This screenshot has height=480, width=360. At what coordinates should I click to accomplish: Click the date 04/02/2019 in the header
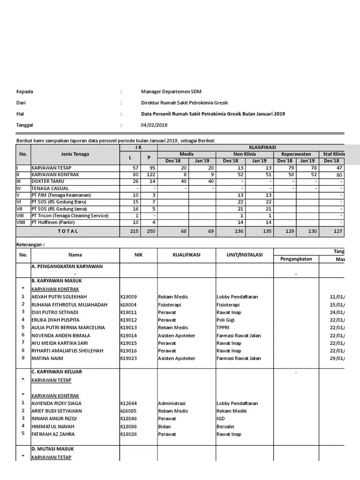(x=154, y=125)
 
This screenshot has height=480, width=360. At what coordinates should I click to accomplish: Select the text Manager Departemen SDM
(x=171, y=91)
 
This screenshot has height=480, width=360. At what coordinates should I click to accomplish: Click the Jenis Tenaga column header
(x=75, y=154)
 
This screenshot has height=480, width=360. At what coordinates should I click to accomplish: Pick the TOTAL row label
(x=68, y=232)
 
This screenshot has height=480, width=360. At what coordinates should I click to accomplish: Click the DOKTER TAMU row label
(x=47, y=181)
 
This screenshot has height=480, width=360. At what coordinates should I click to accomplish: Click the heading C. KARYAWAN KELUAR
(x=57, y=372)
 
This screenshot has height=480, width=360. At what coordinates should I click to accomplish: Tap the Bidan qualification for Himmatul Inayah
(x=165, y=427)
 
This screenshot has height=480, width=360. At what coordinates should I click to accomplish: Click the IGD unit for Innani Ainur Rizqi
(x=221, y=419)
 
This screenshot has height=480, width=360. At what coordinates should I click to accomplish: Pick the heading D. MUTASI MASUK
(x=52, y=449)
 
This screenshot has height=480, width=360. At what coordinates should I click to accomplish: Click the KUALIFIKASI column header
(x=186, y=255)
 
